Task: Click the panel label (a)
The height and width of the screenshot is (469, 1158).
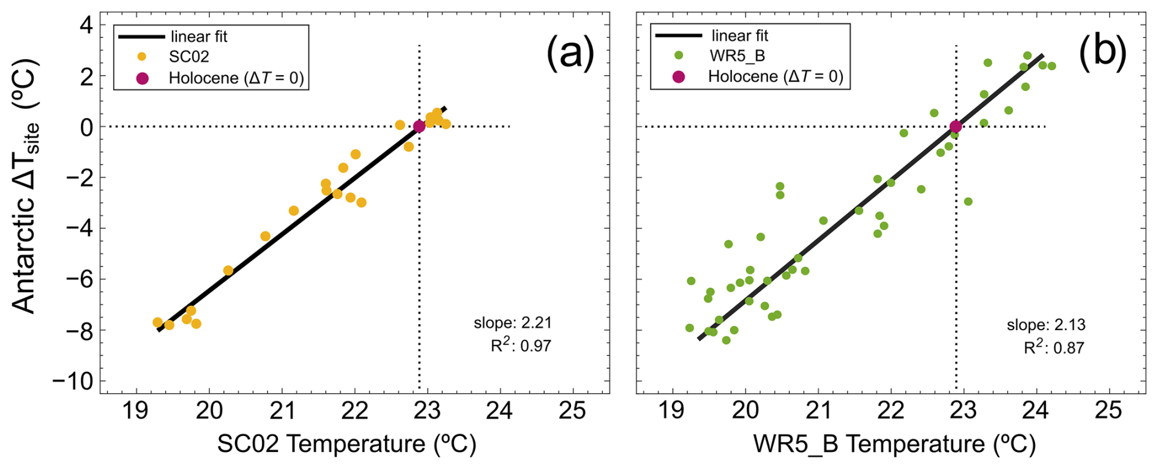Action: (570, 53)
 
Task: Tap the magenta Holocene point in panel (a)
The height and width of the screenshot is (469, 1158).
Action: (419, 127)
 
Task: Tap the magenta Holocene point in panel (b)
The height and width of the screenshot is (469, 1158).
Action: (955, 127)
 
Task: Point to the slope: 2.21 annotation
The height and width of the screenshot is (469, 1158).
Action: (512, 323)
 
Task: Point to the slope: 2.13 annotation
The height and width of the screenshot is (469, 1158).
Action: (1046, 325)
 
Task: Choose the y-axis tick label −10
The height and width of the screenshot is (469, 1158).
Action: (72, 382)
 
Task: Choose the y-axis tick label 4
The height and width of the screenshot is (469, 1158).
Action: (86, 25)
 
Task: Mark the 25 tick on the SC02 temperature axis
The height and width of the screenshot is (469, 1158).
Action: (572, 410)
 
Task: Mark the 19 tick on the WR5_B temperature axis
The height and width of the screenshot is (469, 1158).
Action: (672, 410)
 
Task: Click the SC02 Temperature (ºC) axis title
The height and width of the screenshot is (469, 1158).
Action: (346, 444)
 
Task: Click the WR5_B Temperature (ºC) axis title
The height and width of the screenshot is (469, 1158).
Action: (894, 444)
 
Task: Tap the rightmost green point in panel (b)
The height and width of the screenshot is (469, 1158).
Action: (1052, 66)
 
